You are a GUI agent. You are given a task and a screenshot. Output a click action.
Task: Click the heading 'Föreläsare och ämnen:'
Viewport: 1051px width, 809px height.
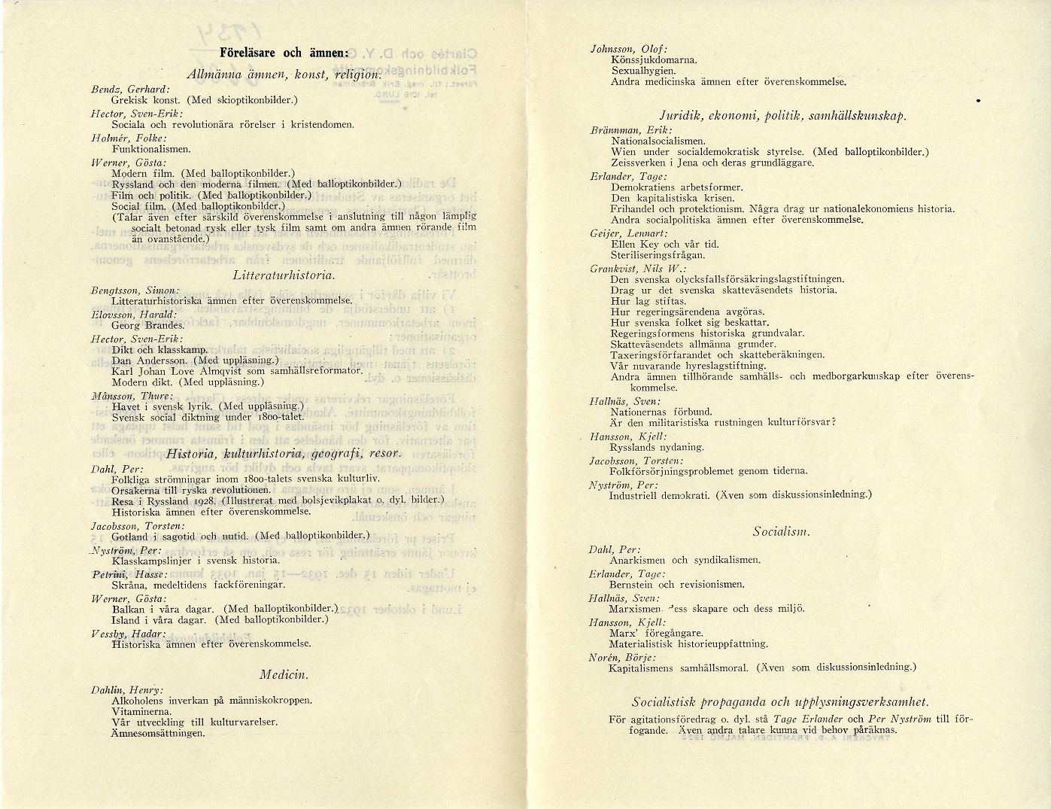[284, 53]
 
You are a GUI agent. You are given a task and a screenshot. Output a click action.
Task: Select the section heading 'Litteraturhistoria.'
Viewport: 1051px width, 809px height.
[284, 275]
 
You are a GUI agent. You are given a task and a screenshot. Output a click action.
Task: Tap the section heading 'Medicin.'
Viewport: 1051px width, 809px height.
[284, 674]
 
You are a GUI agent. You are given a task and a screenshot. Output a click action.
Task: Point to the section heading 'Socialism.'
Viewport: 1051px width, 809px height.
[780, 531]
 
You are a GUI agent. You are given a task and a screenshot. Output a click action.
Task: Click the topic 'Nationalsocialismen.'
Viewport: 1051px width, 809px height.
[658, 141]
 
